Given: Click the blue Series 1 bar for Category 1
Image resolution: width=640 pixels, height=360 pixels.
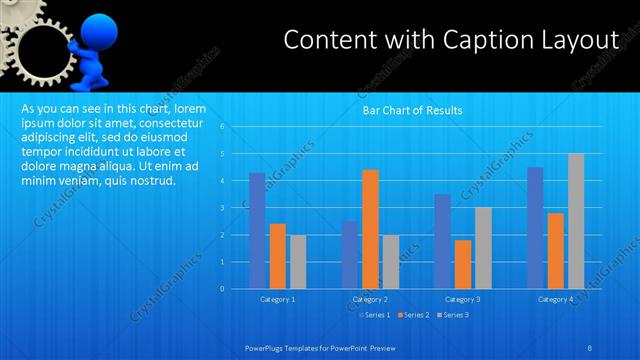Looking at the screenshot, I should tap(257, 230).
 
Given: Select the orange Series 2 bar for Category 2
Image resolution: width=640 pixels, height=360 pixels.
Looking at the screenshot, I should tap(370, 228).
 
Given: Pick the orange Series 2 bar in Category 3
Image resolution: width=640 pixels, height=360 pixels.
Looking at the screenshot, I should tap(463, 264).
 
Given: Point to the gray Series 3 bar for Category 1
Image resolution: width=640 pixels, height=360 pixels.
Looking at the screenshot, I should tap(298, 261).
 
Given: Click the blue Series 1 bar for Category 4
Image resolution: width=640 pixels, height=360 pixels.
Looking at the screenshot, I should tap(535, 227).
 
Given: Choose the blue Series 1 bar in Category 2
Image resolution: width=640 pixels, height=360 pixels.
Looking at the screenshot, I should tap(350, 254).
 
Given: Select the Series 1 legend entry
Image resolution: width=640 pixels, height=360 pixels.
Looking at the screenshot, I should tap(374, 315).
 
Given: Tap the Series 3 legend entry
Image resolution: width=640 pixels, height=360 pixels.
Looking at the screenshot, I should tap(451, 315).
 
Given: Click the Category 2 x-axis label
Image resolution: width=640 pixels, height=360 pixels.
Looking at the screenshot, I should tap(369, 299).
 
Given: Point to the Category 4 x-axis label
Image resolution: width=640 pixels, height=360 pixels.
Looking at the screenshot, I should tap(555, 299).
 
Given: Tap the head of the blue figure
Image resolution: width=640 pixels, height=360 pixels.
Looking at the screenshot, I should tap(97, 28).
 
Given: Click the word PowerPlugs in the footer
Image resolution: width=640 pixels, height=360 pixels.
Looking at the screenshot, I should tap(267, 347).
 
